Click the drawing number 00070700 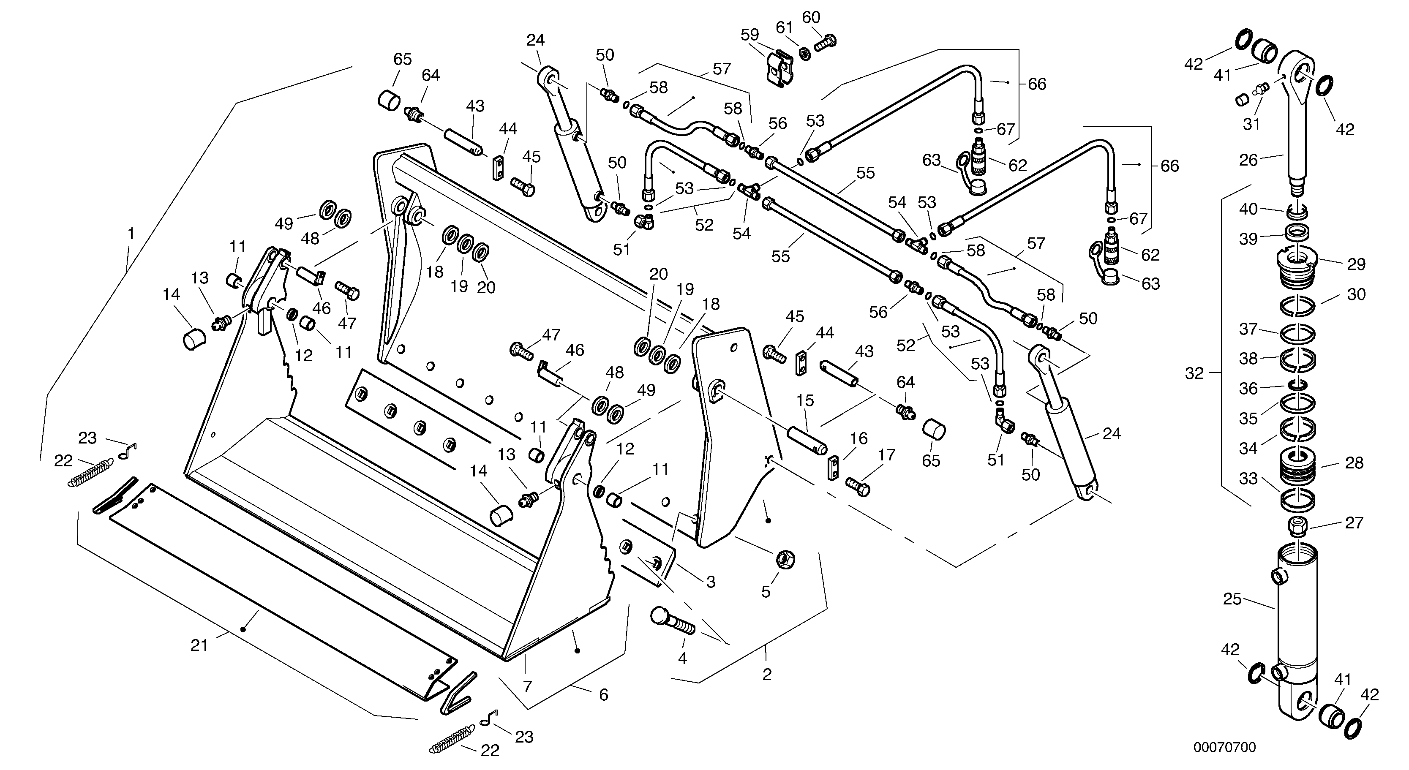(x=1224, y=747)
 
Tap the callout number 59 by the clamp (x=749, y=35)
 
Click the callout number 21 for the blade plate (x=199, y=645)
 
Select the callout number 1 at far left (x=131, y=234)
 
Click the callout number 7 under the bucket (x=527, y=687)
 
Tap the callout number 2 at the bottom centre (x=767, y=674)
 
